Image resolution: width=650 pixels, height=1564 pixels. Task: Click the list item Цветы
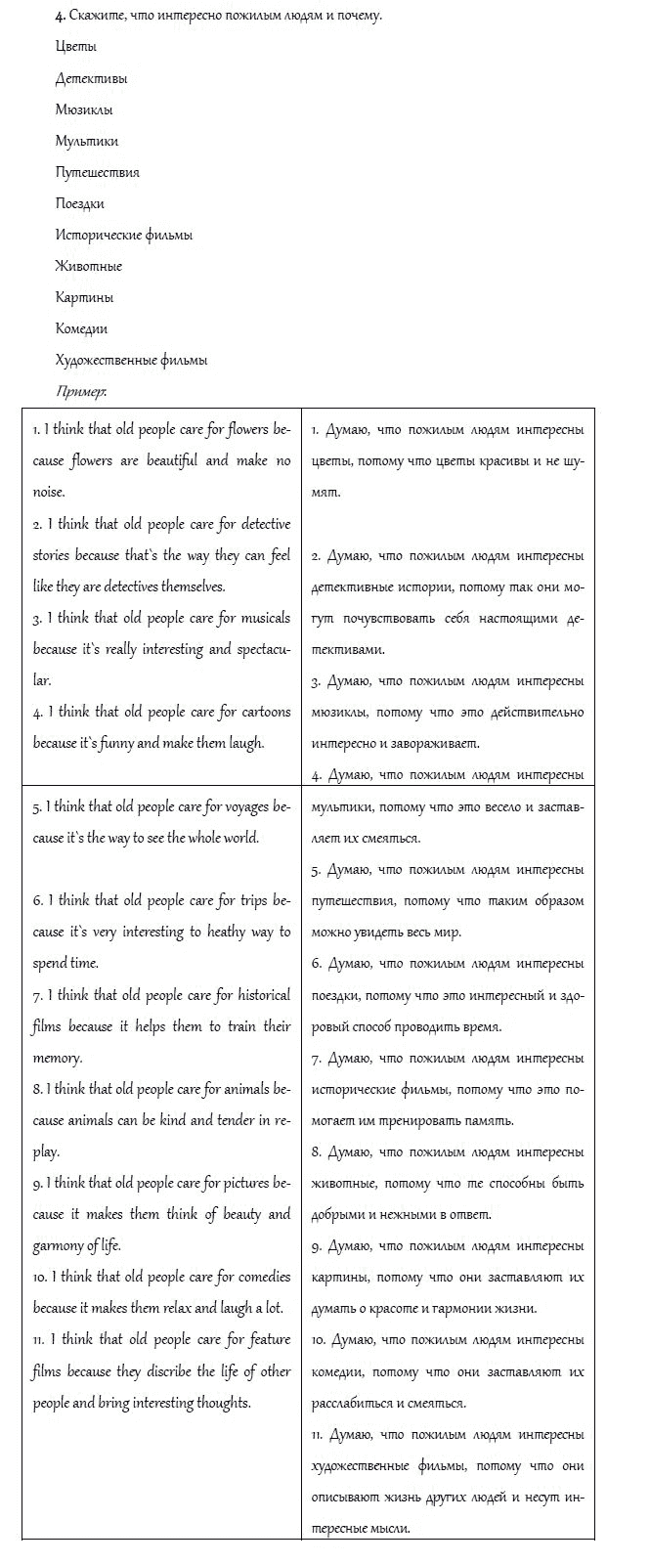76,47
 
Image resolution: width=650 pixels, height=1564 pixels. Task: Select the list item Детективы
91,78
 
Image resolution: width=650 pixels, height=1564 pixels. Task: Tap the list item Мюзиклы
84,109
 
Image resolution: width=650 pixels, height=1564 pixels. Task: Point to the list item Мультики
87,141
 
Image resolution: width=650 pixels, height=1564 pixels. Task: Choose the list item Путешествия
98,172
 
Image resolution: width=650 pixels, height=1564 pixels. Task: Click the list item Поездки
80,203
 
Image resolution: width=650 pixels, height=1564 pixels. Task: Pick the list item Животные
89,266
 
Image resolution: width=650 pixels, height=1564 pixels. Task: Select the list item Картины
84,297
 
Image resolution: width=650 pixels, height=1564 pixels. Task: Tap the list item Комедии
82,328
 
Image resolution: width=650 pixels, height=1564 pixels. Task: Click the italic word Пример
81,391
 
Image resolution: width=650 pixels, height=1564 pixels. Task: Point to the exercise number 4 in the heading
60,16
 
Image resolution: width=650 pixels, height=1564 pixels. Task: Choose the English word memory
57,1058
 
